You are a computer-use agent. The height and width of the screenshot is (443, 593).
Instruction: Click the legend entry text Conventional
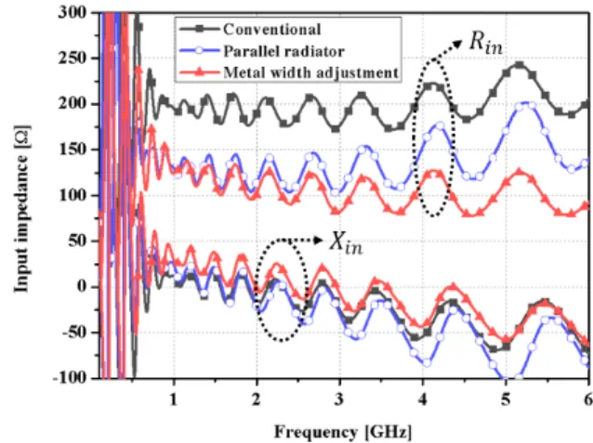click(272, 30)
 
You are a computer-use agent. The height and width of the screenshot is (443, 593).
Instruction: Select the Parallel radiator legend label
click(283, 51)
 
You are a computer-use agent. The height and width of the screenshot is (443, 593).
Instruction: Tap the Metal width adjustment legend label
click(310, 72)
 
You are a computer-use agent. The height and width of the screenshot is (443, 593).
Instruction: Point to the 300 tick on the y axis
click(72, 13)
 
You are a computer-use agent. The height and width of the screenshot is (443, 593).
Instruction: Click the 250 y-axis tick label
click(72, 59)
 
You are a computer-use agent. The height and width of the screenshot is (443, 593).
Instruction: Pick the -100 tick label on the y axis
click(70, 378)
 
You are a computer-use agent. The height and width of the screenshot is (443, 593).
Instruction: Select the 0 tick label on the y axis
click(83, 287)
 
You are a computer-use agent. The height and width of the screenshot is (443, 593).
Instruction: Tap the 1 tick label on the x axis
click(173, 398)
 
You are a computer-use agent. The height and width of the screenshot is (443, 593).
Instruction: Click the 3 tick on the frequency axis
click(339, 398)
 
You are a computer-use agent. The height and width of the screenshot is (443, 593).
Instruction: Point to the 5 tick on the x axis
click(506, 398)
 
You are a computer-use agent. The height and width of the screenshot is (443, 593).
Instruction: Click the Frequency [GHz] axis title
click(343, 432)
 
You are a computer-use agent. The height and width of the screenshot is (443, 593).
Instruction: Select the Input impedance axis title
click(21, 209)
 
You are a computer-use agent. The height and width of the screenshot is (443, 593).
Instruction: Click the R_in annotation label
click(485, 43)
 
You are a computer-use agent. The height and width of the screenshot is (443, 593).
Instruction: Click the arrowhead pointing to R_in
click(457, 44)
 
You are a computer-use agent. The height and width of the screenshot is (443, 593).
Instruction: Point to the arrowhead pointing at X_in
click(319, 240)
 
